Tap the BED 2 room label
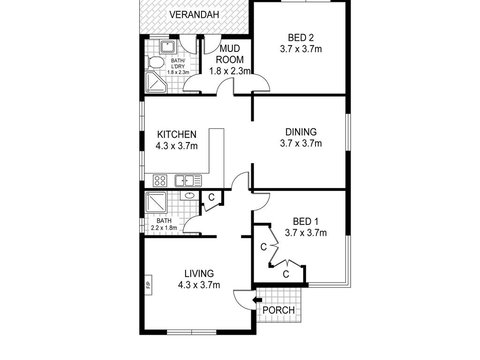(x=299, y=36)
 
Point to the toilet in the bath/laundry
(x=155, y=63)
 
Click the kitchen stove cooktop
(x=158, y=181)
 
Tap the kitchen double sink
(x=184, y=181)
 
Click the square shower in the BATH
(x=157, y=205)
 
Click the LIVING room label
(x=200, y=272)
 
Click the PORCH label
(x=277, y=311)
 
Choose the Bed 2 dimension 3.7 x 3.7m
(x=299, y=48)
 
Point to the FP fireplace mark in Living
(x=147, y=287)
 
